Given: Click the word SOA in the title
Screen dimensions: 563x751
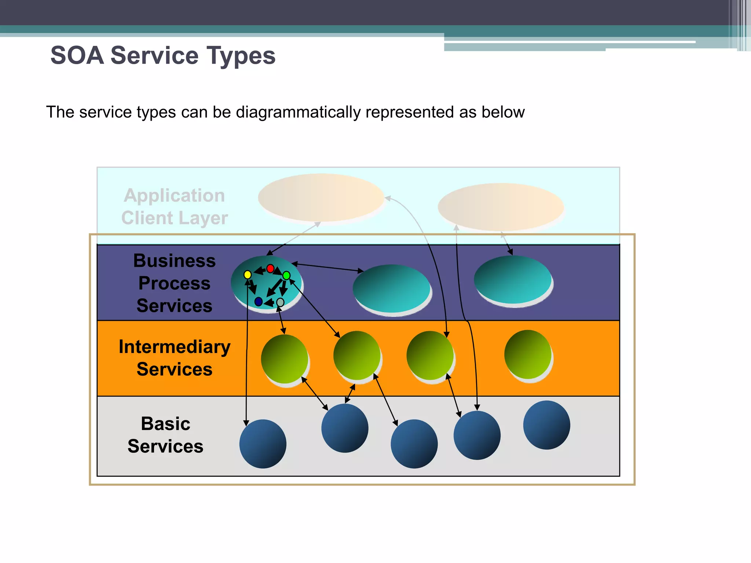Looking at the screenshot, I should (x=77, y=56).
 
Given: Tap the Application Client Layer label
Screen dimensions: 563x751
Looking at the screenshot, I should (x=175, y=207).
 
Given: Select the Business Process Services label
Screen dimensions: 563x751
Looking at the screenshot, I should (x=175, y=283).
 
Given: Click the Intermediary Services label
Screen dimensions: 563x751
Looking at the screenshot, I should (x=175, y=358).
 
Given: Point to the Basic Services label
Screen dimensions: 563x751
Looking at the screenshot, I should (x=165, y=435).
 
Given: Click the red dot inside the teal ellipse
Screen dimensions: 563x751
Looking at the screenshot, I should (x=270, y=269).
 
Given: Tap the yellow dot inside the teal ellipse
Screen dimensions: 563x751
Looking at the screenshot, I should (x=248, y=275).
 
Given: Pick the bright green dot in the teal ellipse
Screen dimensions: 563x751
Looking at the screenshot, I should (x=286, y=275).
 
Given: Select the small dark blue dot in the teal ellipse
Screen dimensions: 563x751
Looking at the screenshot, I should (x=258, y=302).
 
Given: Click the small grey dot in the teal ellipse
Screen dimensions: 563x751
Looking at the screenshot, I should (x=280, y=302).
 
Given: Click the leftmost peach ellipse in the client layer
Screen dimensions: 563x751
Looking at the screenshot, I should (x=321, y=198).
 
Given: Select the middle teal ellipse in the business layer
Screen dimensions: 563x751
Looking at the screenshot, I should (x=391, y=288).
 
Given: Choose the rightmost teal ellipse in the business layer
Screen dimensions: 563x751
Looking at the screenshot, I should (x=513, y=279).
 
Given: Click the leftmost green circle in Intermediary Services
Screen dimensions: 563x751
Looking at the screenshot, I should (x=285, y=359).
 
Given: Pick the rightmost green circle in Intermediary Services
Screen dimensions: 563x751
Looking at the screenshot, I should (x=528, y=354).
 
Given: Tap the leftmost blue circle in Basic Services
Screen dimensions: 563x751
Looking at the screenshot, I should (x=263, y=444).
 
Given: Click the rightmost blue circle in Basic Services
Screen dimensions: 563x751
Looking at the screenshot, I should (x=546, y=425).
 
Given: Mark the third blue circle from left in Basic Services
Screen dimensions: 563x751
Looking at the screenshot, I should (x=414, y=444).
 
